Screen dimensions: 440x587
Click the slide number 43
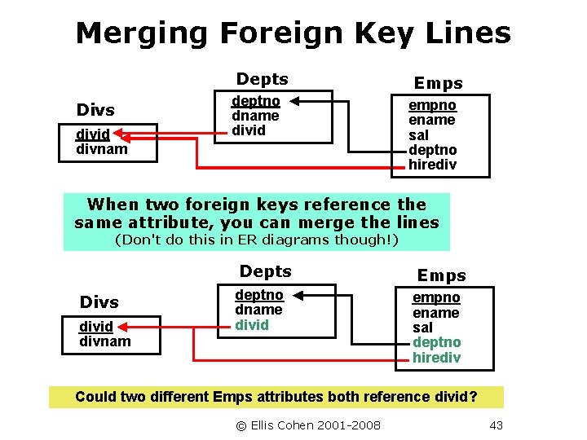coord(496,425)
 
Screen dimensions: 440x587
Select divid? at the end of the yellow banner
coord(453,397)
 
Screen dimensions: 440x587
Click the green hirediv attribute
coord(436,358)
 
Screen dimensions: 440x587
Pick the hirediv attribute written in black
coord(432,165)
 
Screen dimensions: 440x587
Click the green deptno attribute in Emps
coord(436,342)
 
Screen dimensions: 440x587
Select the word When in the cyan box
coord(113,204)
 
